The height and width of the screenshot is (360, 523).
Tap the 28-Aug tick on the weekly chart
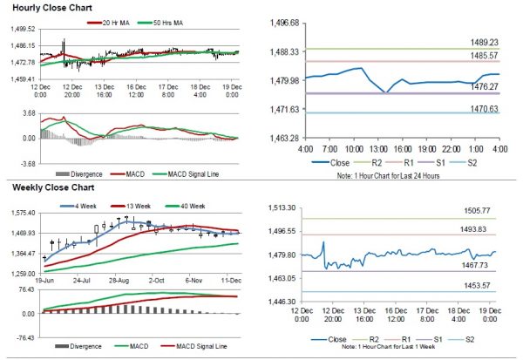pyautogui.click(x=121, y=282)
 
